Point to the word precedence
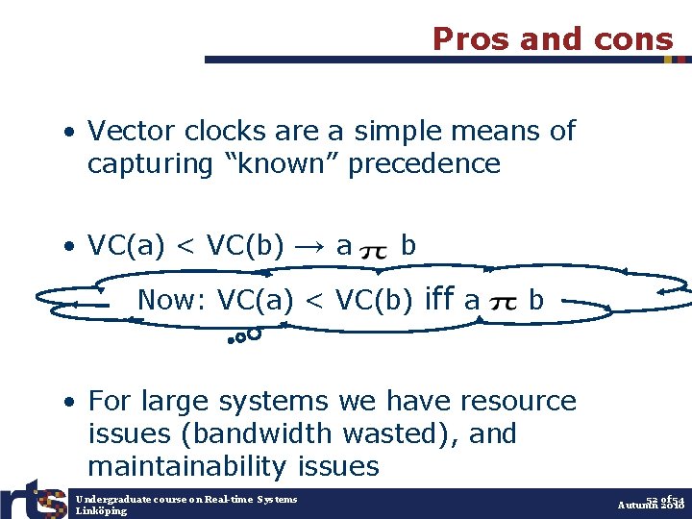click(x=424, y=164)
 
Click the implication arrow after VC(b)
click(x=309, y=247)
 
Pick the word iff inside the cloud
click(x=438, y=300)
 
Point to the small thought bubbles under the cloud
click(x=246, y=336)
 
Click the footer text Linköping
click(x=101, y=511)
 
